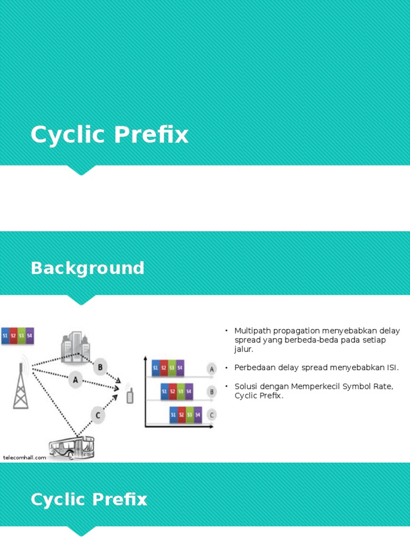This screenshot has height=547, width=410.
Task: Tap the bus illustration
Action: tap(72, 448)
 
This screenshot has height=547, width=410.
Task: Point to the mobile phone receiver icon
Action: tap(130, 395)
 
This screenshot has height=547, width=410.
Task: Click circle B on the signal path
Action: tap(100, 367)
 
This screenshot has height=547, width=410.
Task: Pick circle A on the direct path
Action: tap(75, 380)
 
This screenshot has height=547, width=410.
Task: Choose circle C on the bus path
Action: tap(98, 415)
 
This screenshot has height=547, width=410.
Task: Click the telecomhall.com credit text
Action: tap(25, 458)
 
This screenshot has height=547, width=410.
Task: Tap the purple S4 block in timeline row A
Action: tap(180, 368)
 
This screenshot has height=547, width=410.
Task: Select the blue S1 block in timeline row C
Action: tap(174, 415)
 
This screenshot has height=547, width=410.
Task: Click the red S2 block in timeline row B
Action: tap(172, 392)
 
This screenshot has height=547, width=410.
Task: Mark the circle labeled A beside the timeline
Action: tap(211, 369)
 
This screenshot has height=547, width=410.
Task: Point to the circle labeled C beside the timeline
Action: tap(211, 415)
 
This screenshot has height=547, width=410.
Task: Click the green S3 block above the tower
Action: tap(21, 335)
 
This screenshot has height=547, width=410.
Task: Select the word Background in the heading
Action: tap(88, 268)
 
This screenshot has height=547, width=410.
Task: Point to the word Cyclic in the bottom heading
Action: tap(58, 499)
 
